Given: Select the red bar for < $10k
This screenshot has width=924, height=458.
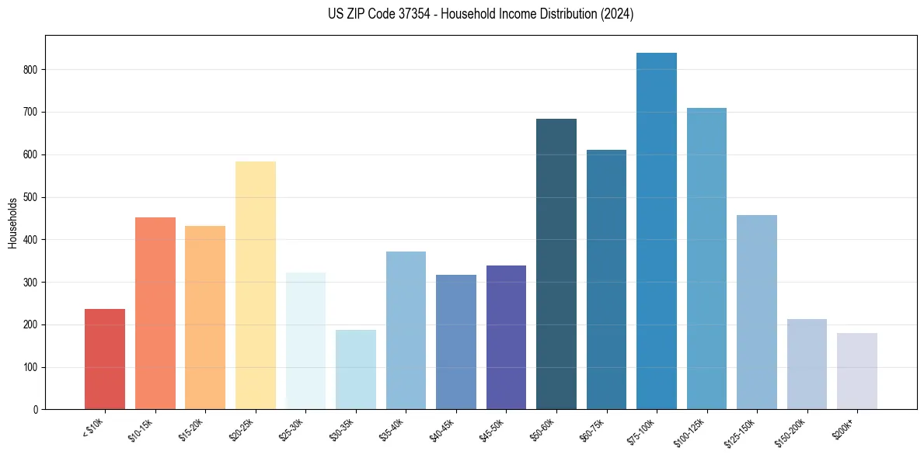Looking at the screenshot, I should click(105, 359).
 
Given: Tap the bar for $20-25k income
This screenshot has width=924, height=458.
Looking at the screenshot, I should click(255, 285).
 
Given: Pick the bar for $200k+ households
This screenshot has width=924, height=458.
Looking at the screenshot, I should click(856, 371).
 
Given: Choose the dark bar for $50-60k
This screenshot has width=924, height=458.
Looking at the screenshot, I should click(556, 264).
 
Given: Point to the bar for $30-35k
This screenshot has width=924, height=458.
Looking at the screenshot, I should click(355, 370).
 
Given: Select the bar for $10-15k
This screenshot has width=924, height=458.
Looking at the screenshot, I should click(155, 313).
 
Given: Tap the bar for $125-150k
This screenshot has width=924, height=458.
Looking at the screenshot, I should click(756, 312).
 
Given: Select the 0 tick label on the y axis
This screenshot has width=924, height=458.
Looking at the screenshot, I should click(38, 409).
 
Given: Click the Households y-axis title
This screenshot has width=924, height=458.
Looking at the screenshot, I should click(13, 223).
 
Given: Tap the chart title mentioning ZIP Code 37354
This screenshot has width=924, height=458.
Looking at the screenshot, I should click(480, 14).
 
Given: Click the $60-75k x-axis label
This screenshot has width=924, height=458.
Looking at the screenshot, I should click(593, 429).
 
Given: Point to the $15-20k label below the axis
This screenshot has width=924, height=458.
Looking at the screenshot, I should click(192, 429).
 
